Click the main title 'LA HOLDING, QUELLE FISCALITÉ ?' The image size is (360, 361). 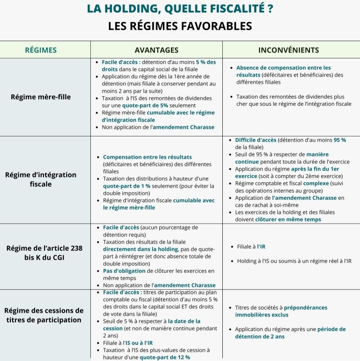click(180, 9)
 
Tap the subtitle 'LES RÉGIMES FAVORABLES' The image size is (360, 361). click(180, 26)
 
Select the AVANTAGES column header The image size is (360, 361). click(156, 50)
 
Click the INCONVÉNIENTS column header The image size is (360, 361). click(291, 50)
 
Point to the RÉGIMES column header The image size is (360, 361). click(40, 50)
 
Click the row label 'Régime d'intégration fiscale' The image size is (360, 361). click(41, 179)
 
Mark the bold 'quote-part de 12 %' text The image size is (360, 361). click(165, 357)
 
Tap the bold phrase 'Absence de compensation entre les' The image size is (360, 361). click(283, 68)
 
